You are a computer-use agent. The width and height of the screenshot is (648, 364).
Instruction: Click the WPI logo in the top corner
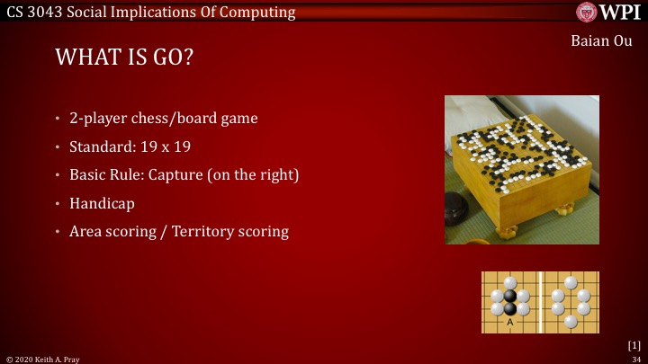pos(608,13)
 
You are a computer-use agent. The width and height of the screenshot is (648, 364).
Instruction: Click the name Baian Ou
pos(601,41)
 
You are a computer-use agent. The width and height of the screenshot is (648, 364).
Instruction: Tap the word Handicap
pos(102,203)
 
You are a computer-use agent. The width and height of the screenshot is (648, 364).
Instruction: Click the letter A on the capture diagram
pos(509,322)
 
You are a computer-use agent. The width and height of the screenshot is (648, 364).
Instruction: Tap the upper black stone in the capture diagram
pos(510,295)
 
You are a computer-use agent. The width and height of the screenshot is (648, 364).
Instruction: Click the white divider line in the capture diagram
pos(540,302)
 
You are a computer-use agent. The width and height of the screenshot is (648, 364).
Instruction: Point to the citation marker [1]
pos(634,344)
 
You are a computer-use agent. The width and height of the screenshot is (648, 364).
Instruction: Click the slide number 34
pos(635,358)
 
